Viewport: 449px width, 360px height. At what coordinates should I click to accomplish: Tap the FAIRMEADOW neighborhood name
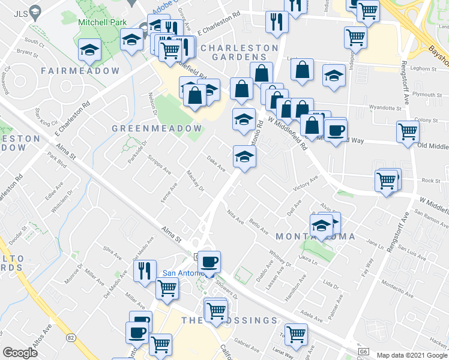[x=80, y=71]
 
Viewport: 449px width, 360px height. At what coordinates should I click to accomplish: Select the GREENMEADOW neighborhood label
[x=157, y=129]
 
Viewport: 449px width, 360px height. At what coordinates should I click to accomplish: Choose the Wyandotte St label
[x=384, y=108]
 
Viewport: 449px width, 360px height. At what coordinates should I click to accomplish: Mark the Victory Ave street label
[x=305, y=183]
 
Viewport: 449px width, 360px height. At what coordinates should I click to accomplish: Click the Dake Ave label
[x=215, y=163]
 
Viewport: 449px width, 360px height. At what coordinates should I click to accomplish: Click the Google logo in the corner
[x=20, y=352]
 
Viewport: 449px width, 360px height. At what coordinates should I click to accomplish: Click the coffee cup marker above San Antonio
[x=209, y=262]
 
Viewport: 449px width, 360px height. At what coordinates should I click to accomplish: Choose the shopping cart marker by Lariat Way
[x=295, y=335]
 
